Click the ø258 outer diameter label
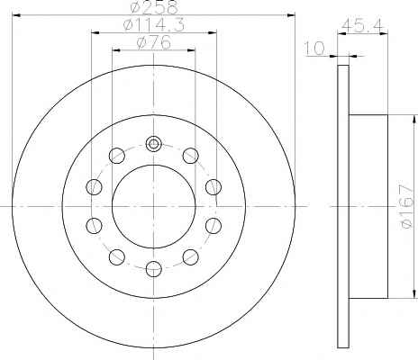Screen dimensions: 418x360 [x=154, y=7]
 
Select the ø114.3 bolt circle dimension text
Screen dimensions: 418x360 [x=154, y=25]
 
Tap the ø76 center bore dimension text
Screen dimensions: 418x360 [x=154, y=42]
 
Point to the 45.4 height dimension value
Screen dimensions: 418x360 [x=363, y=26]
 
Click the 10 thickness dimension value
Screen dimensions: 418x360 [x=314, y=48]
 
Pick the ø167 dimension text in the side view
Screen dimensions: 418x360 [x=408, y=206]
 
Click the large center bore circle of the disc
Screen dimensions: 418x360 [x=154, y=206]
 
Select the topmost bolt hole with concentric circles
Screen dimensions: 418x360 [x=153, y=144]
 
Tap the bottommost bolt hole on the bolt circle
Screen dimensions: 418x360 [x=153, y=268]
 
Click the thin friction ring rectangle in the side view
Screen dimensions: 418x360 [x=343, y=206]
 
